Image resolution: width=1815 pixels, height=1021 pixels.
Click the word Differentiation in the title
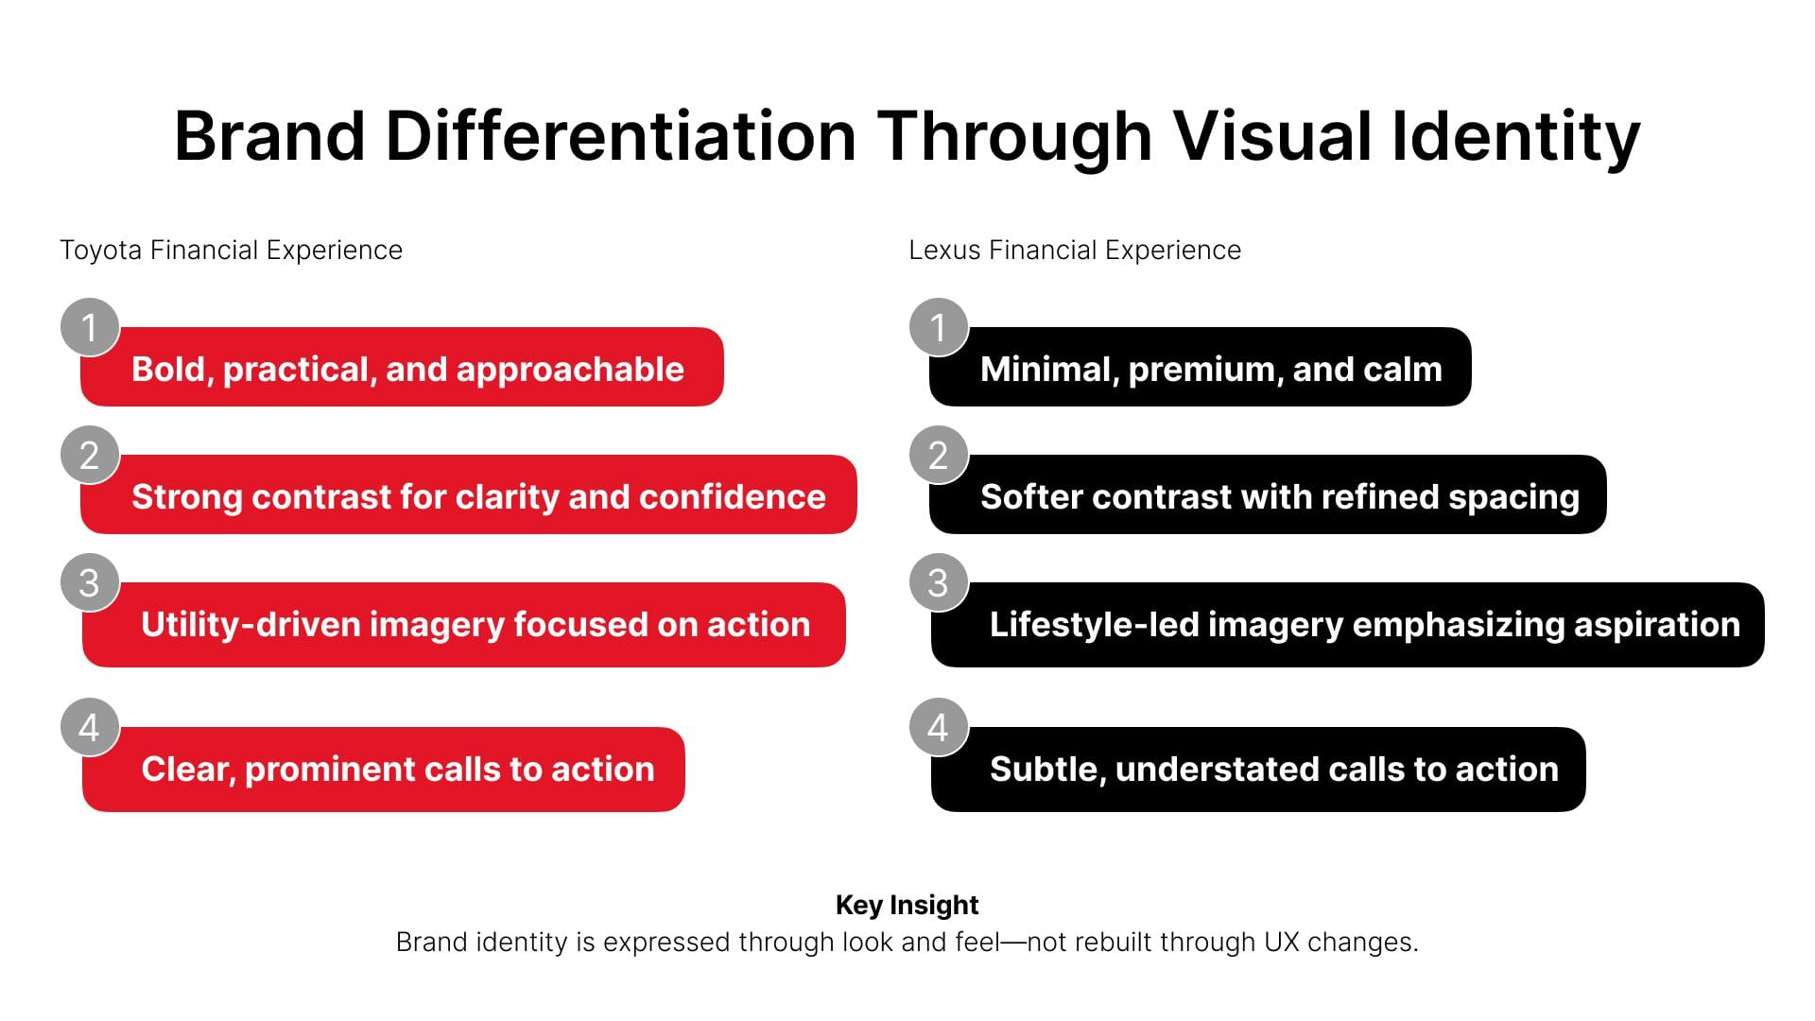pos(620,136)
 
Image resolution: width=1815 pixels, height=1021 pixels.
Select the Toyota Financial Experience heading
pos(231,251)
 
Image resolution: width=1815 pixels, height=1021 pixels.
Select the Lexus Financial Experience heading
pos(1075,251)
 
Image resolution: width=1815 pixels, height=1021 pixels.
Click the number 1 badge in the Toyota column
pos(90,327)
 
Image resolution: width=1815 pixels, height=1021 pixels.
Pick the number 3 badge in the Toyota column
pos(90,582)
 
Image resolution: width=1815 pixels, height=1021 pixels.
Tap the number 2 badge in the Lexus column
pos(939,455)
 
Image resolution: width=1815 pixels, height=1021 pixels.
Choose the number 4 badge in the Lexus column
pos(939,727)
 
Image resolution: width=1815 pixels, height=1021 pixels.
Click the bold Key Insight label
pos(907,906)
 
